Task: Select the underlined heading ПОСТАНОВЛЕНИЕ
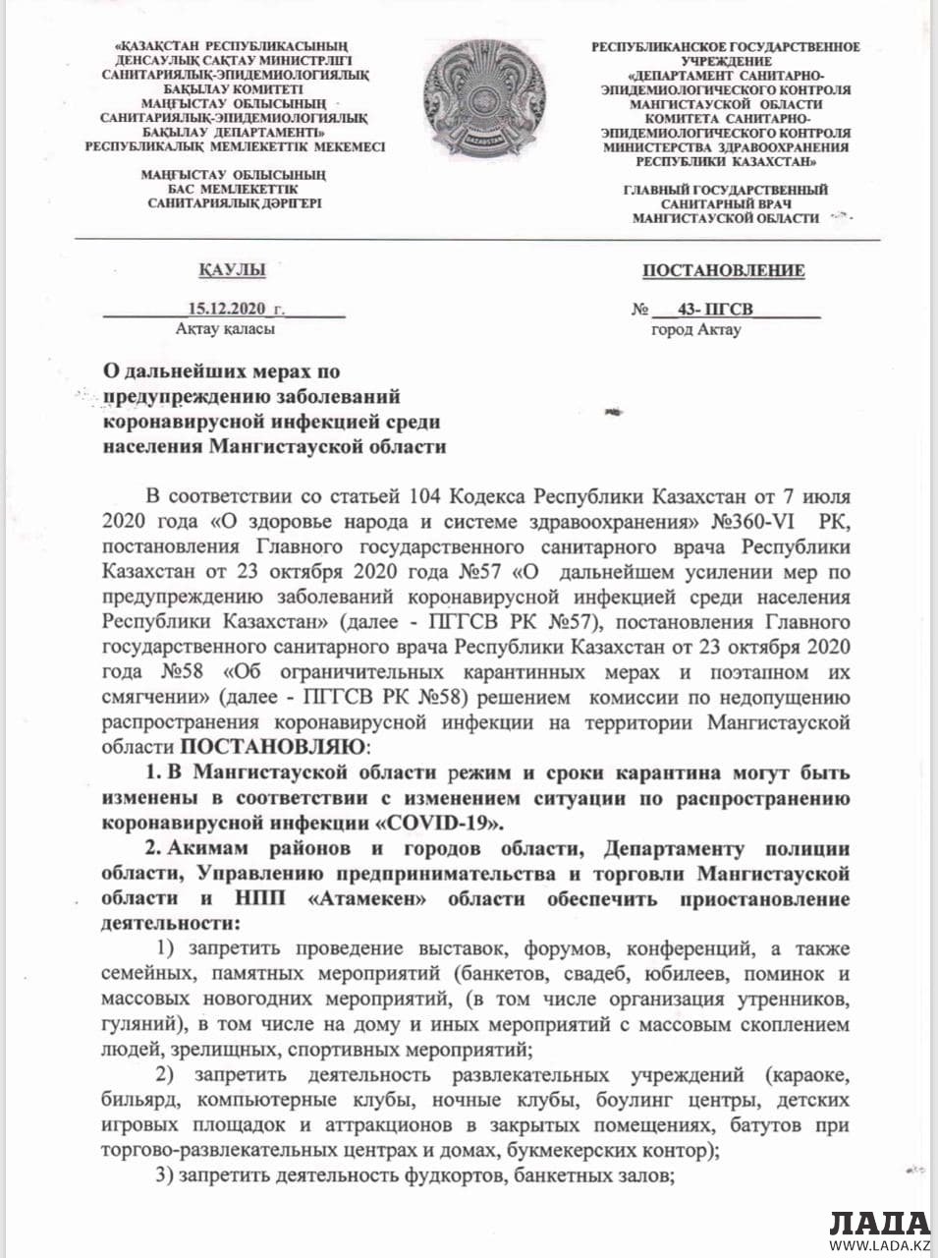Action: click(724, 271)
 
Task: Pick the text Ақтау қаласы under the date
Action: click(225, 330)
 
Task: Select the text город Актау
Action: click(696, 330)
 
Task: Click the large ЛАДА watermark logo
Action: click(878, 1224)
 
